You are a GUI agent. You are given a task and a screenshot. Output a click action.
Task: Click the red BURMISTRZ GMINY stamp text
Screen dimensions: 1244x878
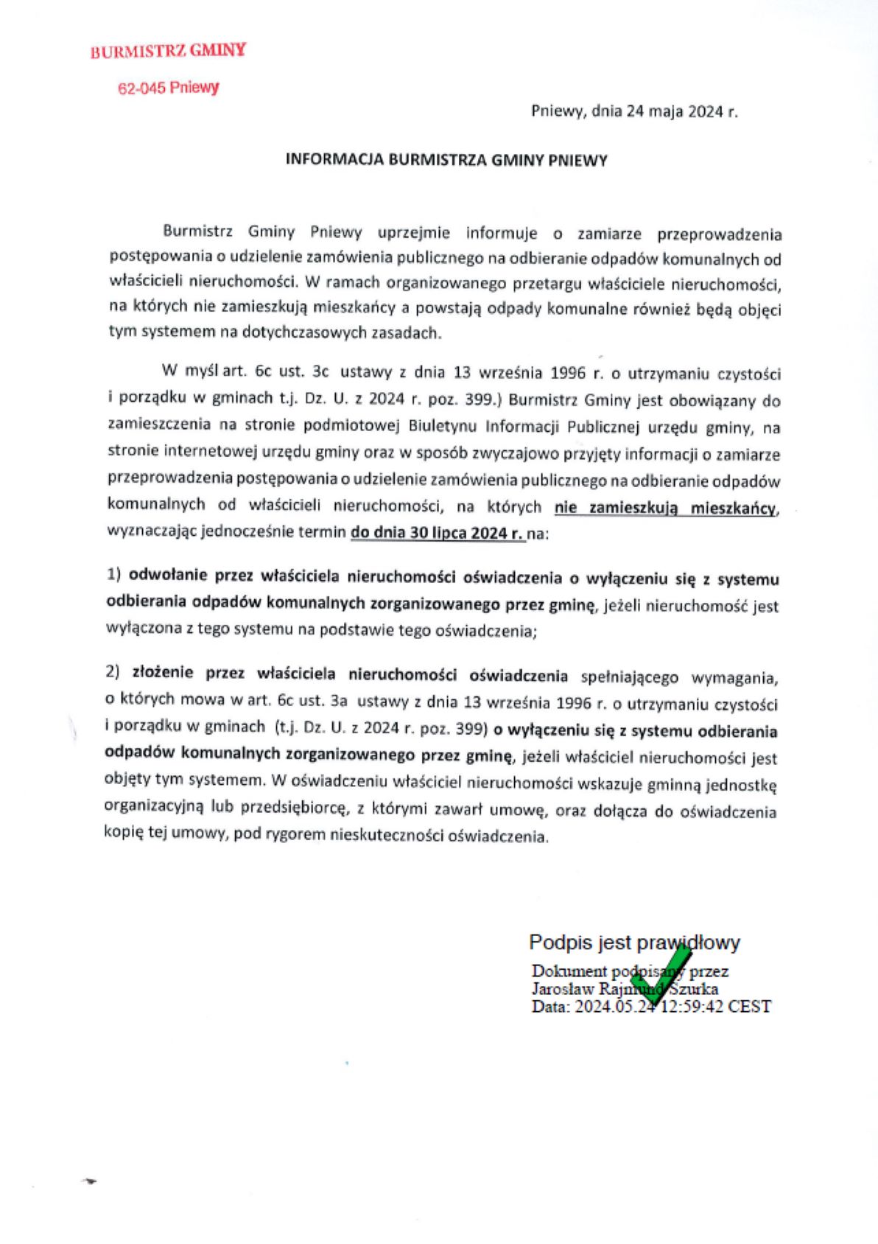point(168,51)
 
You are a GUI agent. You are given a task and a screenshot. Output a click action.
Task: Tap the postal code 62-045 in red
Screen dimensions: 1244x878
point(142,88)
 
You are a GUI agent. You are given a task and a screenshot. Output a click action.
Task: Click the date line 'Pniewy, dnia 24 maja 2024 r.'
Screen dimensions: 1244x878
point(634,111)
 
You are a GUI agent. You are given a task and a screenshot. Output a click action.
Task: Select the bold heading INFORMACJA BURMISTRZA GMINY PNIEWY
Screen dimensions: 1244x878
point(446,160)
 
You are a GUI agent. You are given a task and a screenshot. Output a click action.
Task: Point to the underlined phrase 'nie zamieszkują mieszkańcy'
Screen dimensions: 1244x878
point(665,508)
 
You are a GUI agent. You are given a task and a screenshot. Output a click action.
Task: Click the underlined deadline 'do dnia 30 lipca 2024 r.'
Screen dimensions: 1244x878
point(437,532)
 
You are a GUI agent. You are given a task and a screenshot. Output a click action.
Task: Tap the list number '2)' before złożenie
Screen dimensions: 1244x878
point(113,672)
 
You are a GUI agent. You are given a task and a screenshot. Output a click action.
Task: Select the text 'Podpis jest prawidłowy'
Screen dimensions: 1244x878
point(634,943)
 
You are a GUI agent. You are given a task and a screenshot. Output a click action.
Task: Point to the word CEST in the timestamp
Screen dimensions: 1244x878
point(749,1007)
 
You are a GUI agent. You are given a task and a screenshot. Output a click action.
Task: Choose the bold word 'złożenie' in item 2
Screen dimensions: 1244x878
point(162,673)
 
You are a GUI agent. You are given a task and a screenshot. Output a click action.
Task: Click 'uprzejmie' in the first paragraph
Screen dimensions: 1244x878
point(414,233)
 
